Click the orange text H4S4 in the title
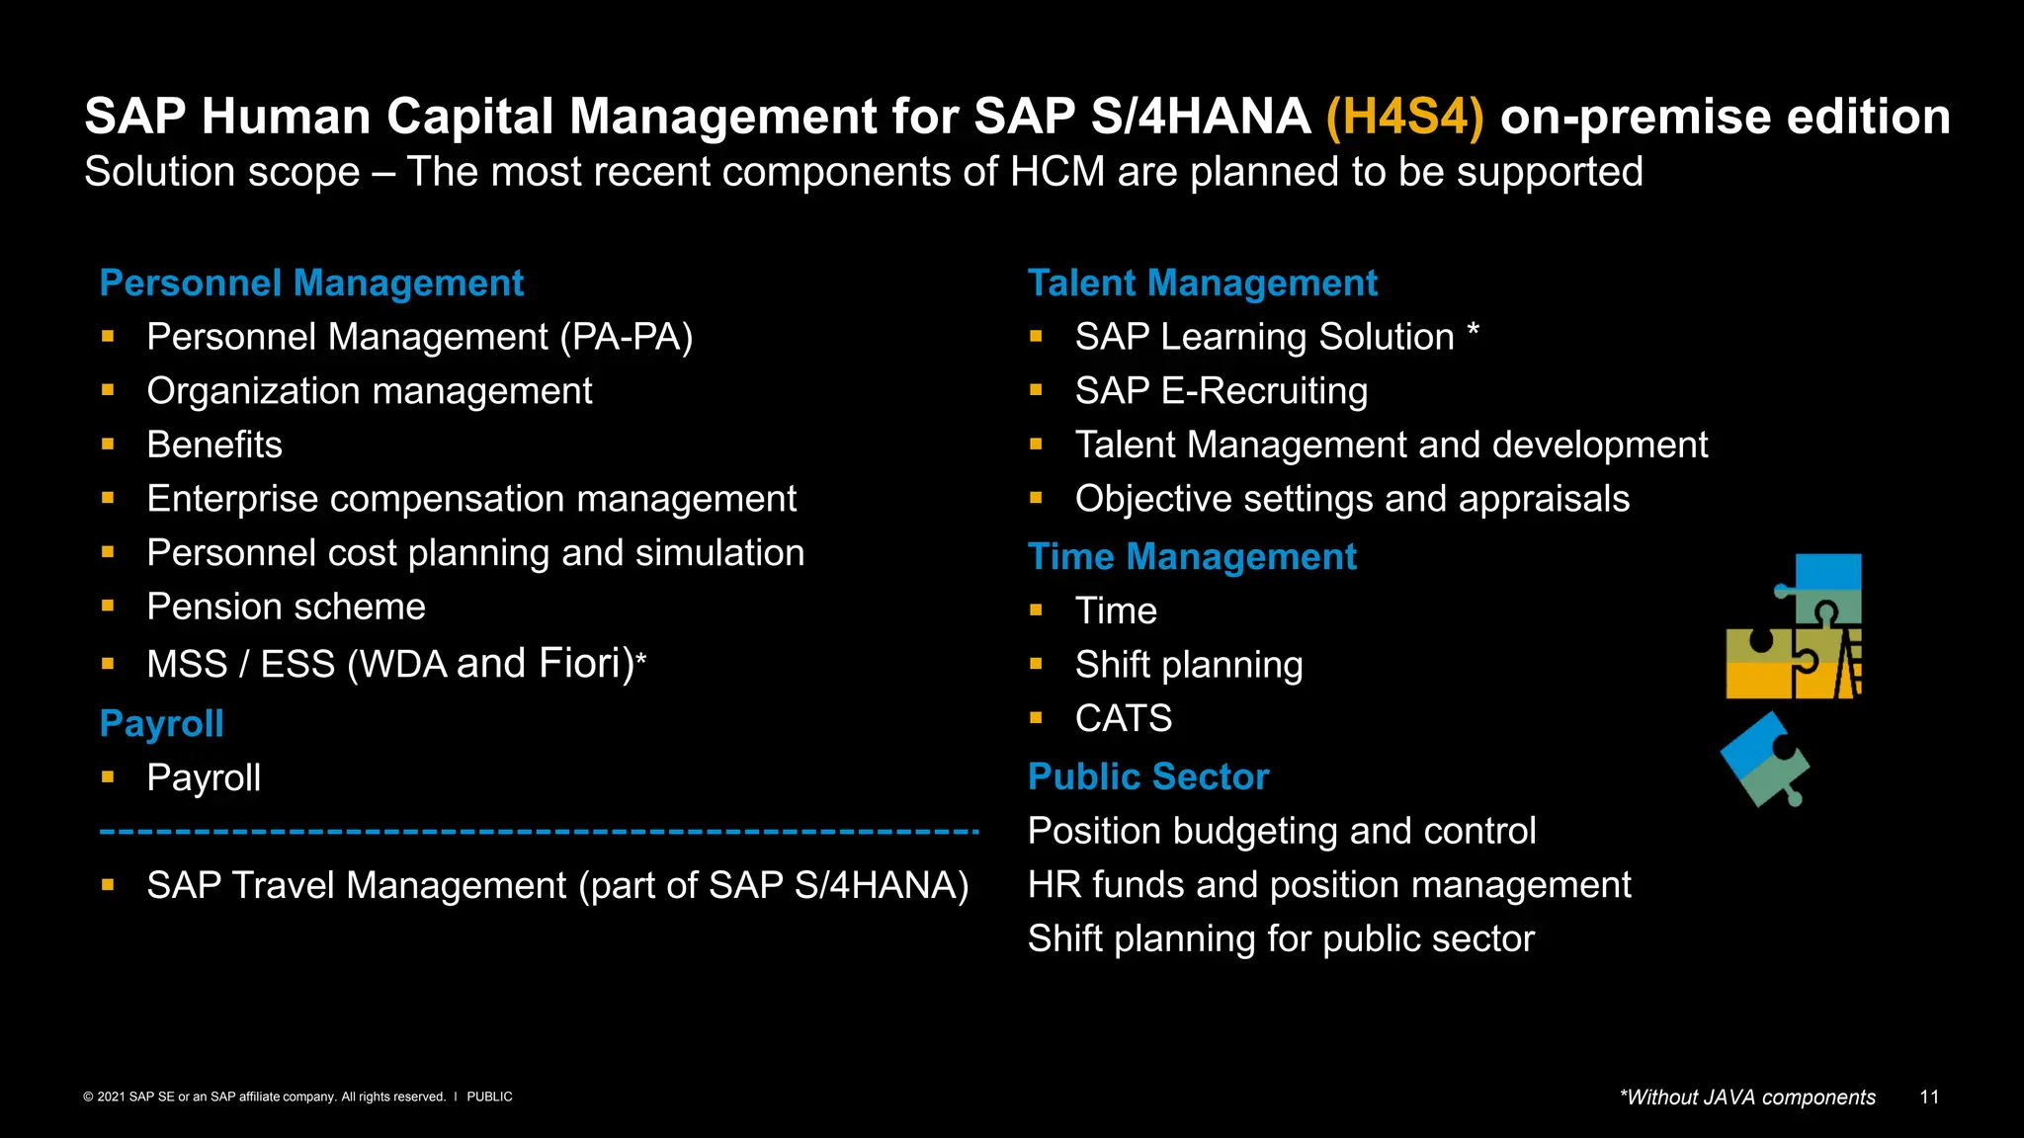[1404, 117]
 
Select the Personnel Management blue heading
[311, 284]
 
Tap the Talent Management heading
[1202, 284]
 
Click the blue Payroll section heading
[162, 724]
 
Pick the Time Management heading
[1192, 557]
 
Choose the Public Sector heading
[1147, 777]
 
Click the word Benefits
[214, 446]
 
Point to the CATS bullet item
[1124, 718]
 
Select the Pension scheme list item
[286, 607]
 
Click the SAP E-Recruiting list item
[1222, 391]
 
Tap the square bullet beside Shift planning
[1036, 665]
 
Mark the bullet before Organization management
[108, 391]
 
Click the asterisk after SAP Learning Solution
[1473, 331]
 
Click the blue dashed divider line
[539, 833]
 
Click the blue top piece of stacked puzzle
[1828, 572]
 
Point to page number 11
[1929, 1097]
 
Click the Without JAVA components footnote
[1746, 1097]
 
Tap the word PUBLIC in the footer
[489, 1097]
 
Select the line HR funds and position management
[1329, 885]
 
